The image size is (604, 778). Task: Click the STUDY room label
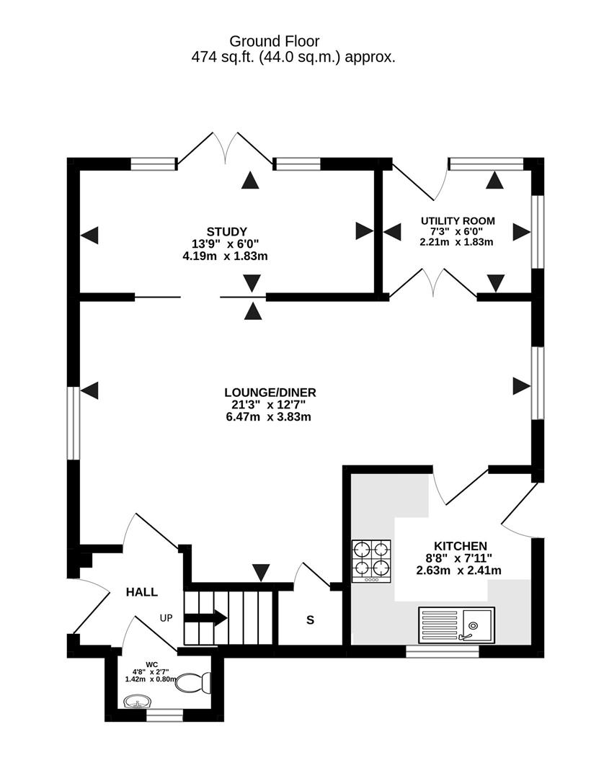click(x=226, y=232)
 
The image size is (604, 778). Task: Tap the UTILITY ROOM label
click(x=458, y=221)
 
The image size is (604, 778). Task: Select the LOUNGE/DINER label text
click(x=270, y=393)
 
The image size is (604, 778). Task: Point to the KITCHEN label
click(x=461, y=546)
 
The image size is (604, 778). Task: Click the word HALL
click(x=141, y=592)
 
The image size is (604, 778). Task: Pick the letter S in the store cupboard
click(x=310, y=620)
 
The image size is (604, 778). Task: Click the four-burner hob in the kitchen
click(x=372, y=561)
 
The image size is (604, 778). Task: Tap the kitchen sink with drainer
click(x=456, y=624)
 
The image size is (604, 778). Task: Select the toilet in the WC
click(x=194, y=683)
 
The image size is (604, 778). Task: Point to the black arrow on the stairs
click(x=206, y=618)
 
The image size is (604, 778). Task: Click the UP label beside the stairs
click(x=166, y=618)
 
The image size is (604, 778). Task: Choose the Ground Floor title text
click(x=275, y=41)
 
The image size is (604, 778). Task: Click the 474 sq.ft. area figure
click(x=223, y=58)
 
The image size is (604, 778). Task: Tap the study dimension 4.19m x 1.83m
click(x=226, y=256)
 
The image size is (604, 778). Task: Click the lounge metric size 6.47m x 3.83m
click(x=269, y=417)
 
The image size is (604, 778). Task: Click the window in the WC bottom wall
click(x=165, y=715)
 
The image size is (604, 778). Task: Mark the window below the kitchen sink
click(x=443, y=651)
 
